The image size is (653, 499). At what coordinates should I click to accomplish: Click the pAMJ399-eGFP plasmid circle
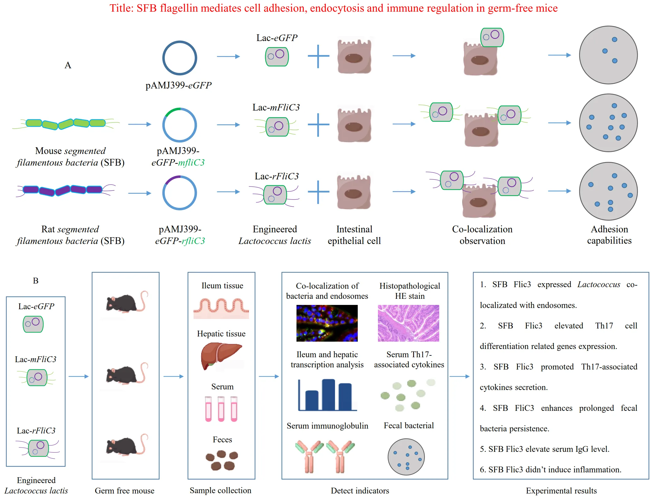tap(179, 58)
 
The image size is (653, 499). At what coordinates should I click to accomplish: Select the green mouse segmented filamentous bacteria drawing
tap(66, 124)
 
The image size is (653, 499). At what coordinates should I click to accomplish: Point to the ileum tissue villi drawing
tap(221, 308)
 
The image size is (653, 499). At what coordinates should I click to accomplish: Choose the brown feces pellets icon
tap(222, 460)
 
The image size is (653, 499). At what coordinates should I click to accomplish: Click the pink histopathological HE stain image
tap(408, 323)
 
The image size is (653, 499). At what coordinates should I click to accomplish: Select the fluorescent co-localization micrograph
tap(327, 323)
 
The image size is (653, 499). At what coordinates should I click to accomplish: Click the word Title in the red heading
tap(121, 8)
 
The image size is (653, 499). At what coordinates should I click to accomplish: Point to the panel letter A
tap(68, 65)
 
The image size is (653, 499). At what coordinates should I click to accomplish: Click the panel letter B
tap(36, 281)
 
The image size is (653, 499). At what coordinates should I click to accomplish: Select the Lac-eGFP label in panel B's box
tap(36, 306)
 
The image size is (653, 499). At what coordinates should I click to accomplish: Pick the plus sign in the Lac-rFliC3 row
tap(319, 192)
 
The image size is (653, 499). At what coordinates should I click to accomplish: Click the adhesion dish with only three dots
tap(608, 55)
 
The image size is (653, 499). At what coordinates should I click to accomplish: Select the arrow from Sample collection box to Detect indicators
tap(269, 376)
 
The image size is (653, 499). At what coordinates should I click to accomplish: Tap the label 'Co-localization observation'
tap(482, 235)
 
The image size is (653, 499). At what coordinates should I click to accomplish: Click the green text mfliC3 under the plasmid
tap(191, 163)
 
